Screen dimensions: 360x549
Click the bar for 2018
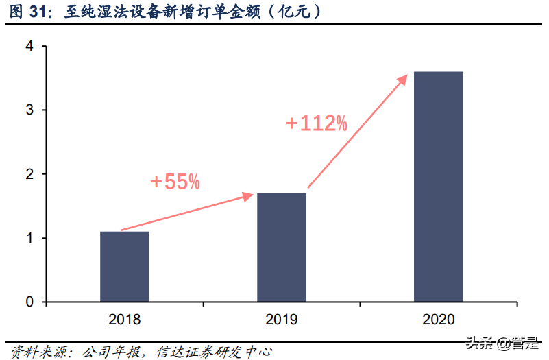pyautogui.click(x=125, y=267)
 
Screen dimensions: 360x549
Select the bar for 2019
pyautogui.click(x=282, y=248)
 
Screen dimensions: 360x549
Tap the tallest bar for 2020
pyautogui.click(x=439, y=187)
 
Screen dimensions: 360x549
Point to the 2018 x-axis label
pyautogui.click(x=125, y=319)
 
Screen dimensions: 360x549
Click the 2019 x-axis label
pyautogui.click(x=282, y=319)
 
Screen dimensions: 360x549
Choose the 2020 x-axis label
pyautogui.click(x=439, y=319)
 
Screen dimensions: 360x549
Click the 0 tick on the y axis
pyautogui.click(x=30, y=302)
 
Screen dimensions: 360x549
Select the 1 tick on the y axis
pyautogui.click(x=30, y=239)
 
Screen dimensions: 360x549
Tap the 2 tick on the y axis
pyautogui.click(x=30, y=174)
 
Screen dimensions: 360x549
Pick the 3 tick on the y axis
pyautogui.click(x=30, y=110)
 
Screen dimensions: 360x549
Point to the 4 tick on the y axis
pyautogui.click(x=30, y=47)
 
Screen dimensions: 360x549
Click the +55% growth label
pyautogui.click(x=175, y=182)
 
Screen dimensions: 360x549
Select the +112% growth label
pyautogui.click(x=317, y=123)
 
